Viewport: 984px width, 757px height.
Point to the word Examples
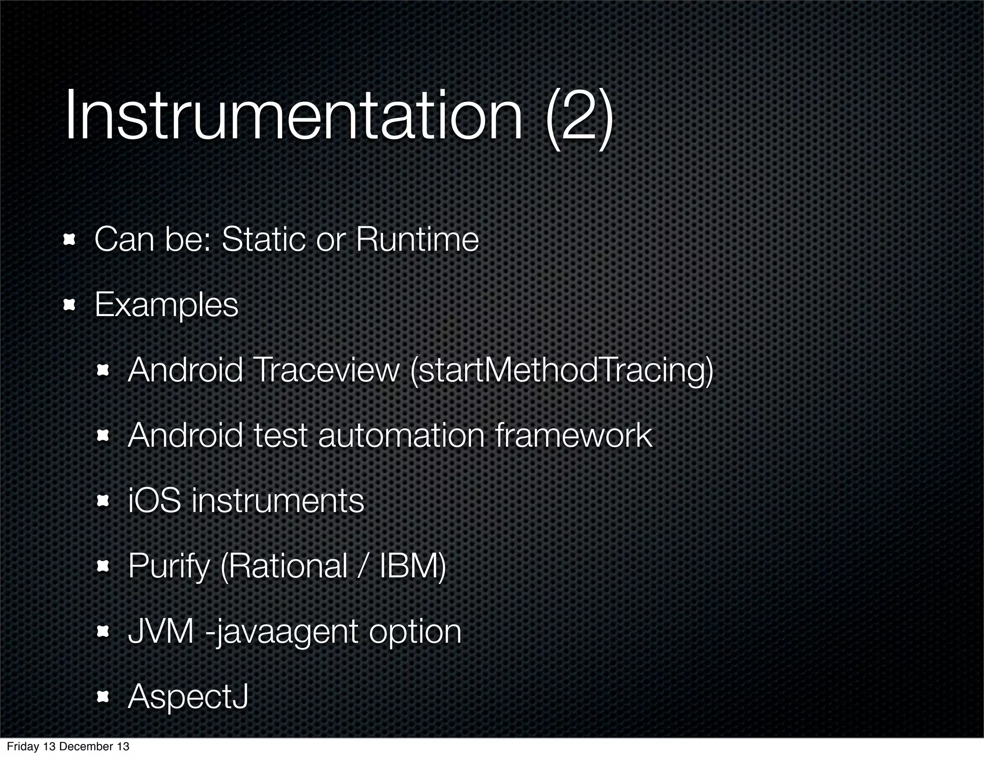(166, 305)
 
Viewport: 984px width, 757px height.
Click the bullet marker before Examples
(70, 305)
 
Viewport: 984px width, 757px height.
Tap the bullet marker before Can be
(70, 240)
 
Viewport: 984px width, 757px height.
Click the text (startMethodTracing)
(562, 371)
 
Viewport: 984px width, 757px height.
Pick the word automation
(401, 436)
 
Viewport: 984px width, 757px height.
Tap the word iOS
(154, 501)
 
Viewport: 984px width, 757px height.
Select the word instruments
(278, 501)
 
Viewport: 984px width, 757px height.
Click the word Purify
(169, 567)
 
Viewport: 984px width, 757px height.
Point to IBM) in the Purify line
(413, 566)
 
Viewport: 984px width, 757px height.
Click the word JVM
(161, 632)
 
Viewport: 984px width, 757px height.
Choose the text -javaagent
(282, 633)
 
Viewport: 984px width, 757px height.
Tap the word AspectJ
(188, 697)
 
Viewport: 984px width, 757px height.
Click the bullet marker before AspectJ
(103, 697)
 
